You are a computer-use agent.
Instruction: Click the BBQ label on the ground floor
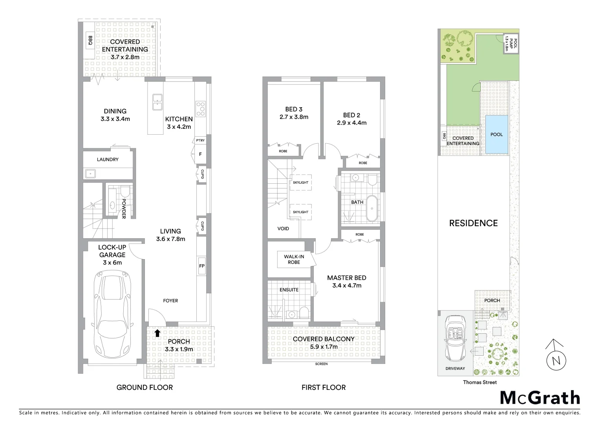(x=90, y=40)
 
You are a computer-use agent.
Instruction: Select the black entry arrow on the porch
(x=157, y=333)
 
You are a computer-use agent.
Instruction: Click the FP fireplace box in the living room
(x=201, y=266)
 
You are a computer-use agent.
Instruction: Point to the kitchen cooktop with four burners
(x=201, y=108)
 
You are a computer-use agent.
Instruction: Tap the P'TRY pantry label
(x=200, y=141)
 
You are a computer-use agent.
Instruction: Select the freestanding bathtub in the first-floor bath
(x=371, y=208)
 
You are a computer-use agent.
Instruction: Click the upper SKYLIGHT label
(x=300, y=183)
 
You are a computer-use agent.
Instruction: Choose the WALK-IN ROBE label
(x=294, y=260)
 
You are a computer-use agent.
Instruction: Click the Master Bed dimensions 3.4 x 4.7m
(x=347, y=285)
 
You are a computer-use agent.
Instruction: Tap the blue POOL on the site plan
(x=496, y=135)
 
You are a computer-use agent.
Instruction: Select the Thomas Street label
(x=479, y=382)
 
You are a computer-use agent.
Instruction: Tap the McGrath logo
(x=540, y=398)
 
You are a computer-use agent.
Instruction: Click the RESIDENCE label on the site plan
(x=473, y=223)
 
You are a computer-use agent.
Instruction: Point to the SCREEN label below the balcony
(x=321, y=364)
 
